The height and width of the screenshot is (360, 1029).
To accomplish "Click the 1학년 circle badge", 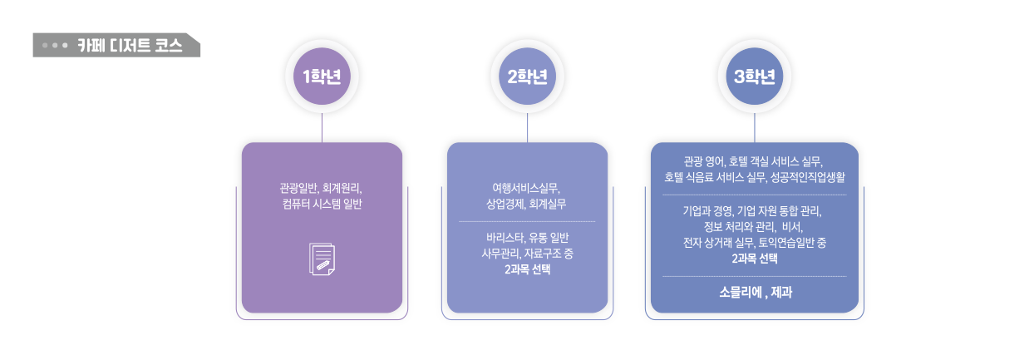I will (322, 77).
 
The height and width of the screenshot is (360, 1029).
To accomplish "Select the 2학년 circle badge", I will (528, 77).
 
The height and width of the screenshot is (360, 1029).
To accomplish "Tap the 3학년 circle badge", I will (754, 77).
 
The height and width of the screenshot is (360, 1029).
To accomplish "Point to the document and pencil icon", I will (322, 258).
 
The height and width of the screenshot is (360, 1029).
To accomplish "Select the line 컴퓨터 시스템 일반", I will (322, 204).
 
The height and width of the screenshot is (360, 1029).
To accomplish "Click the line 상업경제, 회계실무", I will (527, 204).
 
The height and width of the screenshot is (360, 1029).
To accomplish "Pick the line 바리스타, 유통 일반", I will (527, 237).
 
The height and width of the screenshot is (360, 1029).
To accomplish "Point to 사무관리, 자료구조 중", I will (527, 254).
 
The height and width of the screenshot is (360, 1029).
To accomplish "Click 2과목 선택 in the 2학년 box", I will (527, 270).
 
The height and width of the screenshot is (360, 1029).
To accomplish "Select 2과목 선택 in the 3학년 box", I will (754, 259).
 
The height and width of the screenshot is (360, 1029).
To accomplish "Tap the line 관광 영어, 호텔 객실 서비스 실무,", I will (754, 160).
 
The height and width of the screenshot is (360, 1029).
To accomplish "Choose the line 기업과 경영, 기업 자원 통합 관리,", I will (754, 210).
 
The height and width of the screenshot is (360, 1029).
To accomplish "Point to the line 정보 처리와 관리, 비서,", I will (754, 226).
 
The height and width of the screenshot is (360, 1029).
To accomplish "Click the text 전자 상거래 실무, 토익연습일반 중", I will (754, 243).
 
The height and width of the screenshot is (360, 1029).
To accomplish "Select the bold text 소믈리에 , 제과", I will (754, 292).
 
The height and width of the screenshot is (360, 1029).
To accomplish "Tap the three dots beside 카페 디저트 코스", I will (55, 45).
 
